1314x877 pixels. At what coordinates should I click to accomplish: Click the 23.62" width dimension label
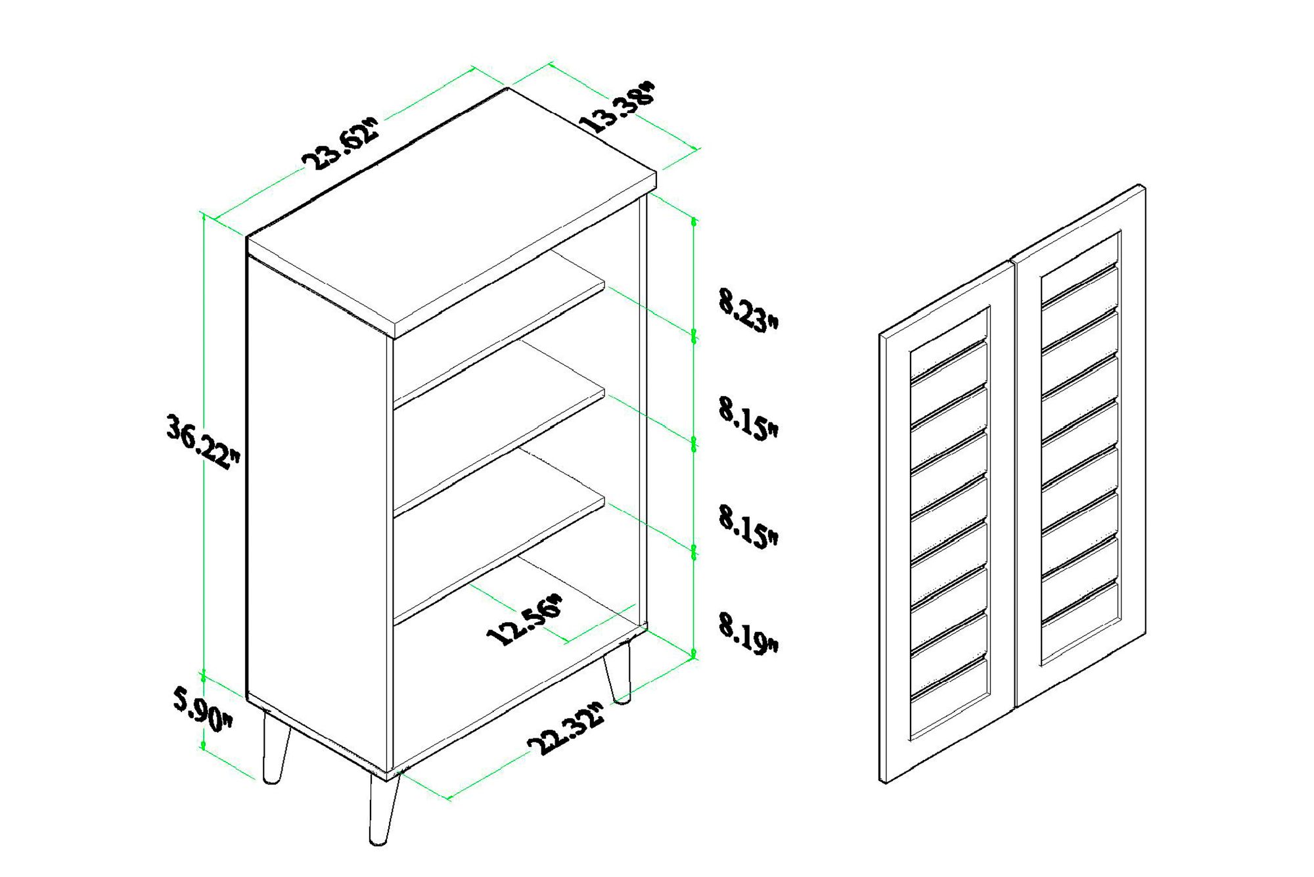341,144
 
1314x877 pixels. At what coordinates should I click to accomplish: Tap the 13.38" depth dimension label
618,107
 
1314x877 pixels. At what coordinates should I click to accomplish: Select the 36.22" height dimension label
203,441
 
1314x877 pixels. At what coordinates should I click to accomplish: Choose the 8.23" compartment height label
748,310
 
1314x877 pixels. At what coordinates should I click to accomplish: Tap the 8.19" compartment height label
748,633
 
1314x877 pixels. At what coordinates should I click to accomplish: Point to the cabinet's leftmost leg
275,746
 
